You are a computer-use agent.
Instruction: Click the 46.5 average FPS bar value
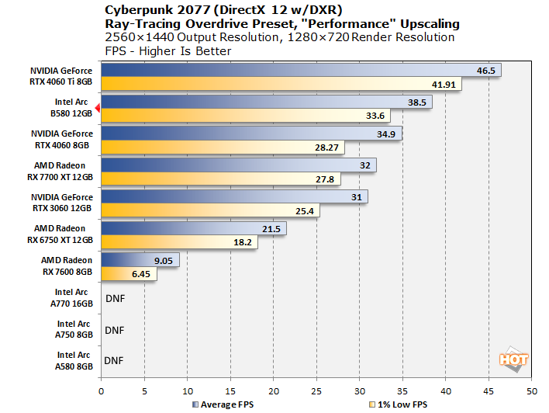click(485, 71)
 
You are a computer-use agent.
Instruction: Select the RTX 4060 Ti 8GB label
click(64, 77)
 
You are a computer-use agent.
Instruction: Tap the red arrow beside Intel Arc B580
click(97, 109)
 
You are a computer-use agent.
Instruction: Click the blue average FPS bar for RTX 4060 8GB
click(250, 134)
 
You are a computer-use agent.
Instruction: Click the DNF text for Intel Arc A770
click(114, 297)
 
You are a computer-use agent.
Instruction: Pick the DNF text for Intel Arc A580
click(114, 360)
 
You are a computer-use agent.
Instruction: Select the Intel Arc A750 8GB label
click(74, 329)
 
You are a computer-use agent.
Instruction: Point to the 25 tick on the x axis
click(316, 390)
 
